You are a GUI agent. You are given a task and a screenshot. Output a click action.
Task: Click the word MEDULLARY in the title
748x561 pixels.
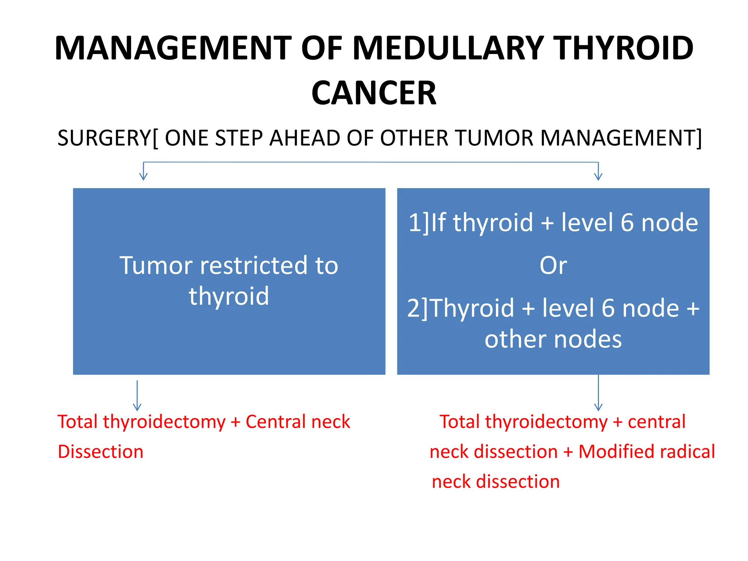point(449,49)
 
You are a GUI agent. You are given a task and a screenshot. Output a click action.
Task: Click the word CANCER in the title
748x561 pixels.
point(374,93)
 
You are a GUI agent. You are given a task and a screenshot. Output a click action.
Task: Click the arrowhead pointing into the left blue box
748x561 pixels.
point(144,177)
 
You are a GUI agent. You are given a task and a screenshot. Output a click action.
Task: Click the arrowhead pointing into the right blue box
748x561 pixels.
point(598,177)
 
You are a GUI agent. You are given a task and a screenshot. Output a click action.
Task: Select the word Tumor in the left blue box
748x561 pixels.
point(156,265)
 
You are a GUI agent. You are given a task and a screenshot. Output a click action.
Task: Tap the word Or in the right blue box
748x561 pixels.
point(553,266)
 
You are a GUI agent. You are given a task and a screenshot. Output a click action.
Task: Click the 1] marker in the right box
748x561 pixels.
point(419,222)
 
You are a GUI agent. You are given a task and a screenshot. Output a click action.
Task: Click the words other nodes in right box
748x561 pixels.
point(553,339)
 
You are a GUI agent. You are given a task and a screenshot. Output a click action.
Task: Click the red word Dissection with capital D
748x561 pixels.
point(100,452)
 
